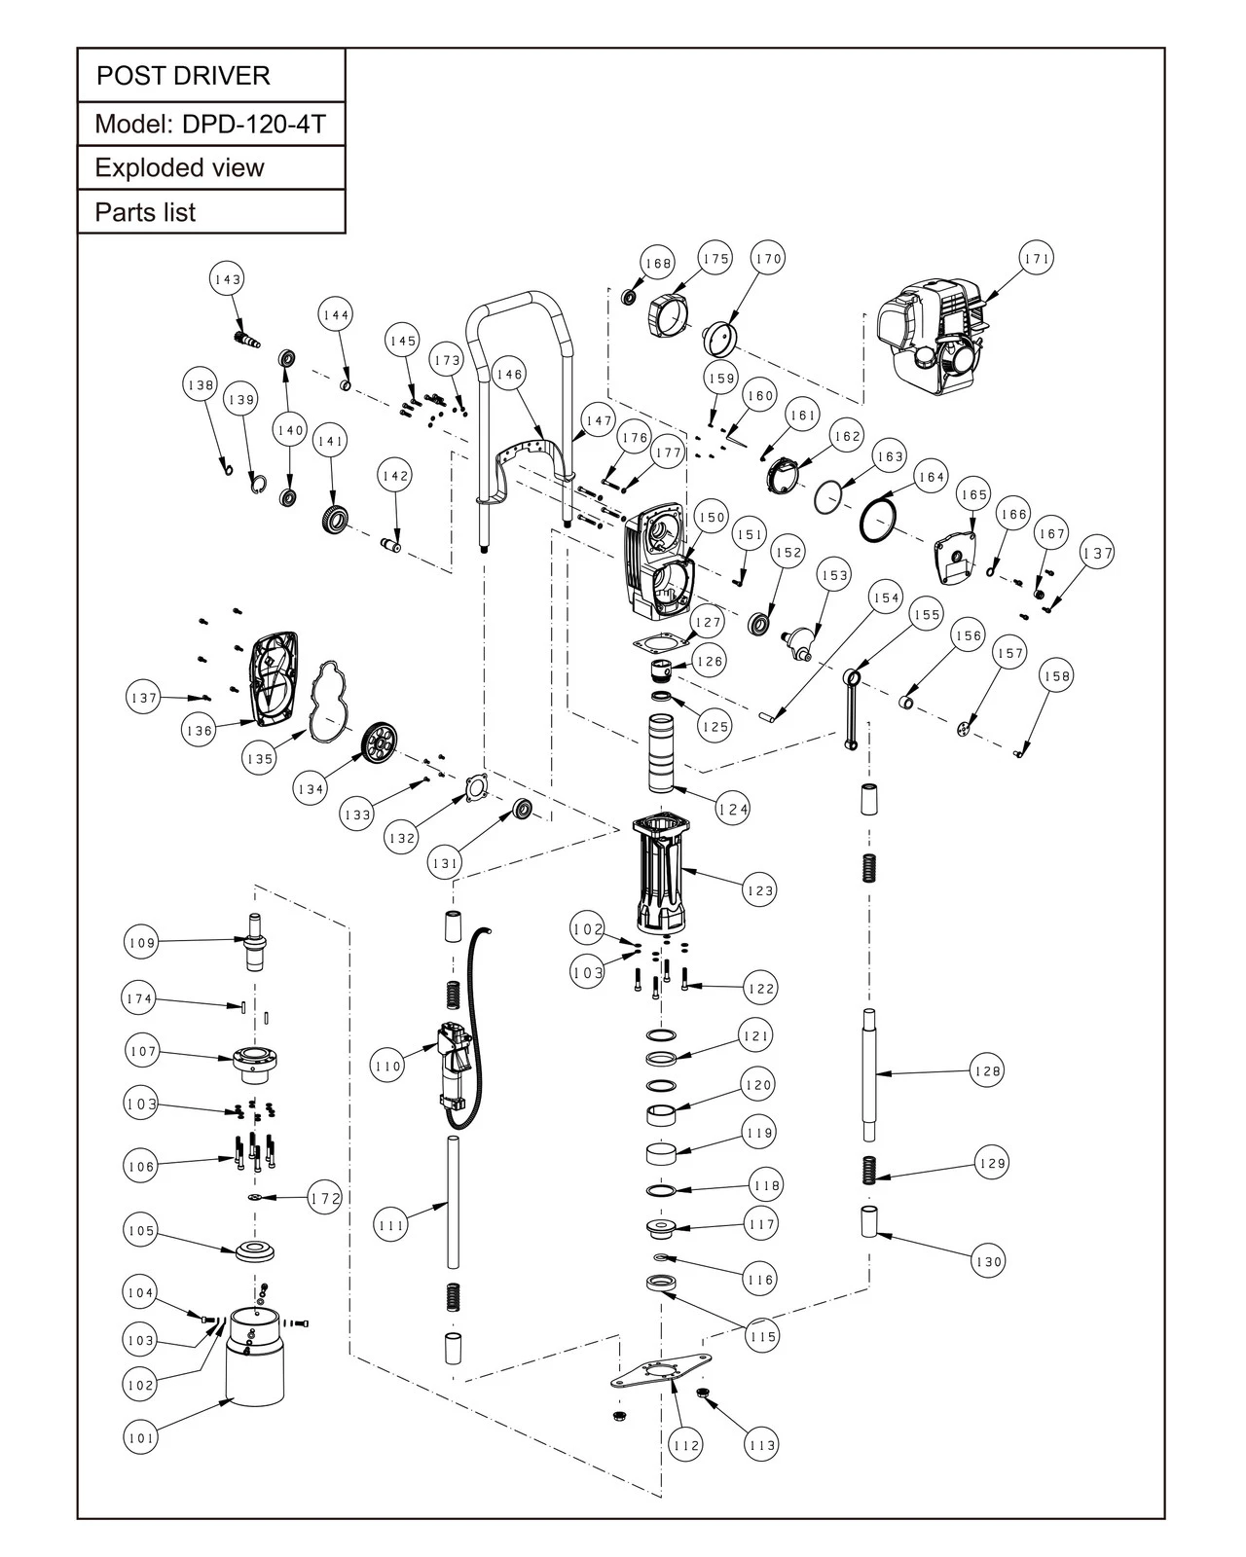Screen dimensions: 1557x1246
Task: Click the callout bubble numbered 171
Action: click(x=1037, y=259)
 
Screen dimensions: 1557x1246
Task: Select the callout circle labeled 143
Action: click(x=227, y=279)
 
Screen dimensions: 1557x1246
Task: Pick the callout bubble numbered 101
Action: click(x=141, y=1437)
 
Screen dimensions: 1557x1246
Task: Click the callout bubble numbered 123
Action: click(x=759, y=889)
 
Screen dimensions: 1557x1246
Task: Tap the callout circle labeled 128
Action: click(x=987, y=1070)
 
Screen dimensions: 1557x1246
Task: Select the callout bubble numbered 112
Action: click(x=686, y=1444)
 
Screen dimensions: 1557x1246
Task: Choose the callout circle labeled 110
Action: click(x=387, y=1067)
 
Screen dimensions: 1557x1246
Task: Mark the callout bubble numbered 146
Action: click(x=509, y=374)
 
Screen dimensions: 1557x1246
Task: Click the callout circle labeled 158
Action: click(x=1056, y=676)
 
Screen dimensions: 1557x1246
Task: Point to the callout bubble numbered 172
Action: click(x=325, y=1197)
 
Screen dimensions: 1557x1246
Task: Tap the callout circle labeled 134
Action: click(x=310, y=789)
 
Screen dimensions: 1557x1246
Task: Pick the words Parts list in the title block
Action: click(x=145, y=212)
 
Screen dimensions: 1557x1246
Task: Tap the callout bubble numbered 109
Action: click(x=141, y=942)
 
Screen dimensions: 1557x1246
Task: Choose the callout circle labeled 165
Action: click(x=973, y=494)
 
